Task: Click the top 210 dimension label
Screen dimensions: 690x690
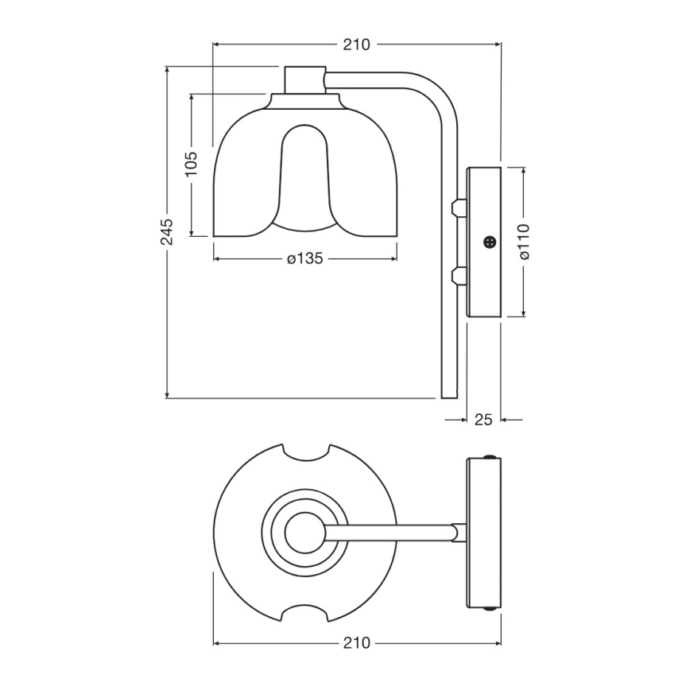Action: tap(357, 45)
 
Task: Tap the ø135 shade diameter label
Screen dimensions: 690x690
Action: tap(304, 258)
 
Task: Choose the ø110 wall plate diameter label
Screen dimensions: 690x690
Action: tap(524, 241)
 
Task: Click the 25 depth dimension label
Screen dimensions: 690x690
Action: tap(483, 419)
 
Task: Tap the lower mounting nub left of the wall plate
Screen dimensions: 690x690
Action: tap(457, 276)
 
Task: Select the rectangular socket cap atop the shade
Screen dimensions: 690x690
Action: tap(305, 79)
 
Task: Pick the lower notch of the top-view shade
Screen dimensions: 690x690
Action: tap(306, 613)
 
